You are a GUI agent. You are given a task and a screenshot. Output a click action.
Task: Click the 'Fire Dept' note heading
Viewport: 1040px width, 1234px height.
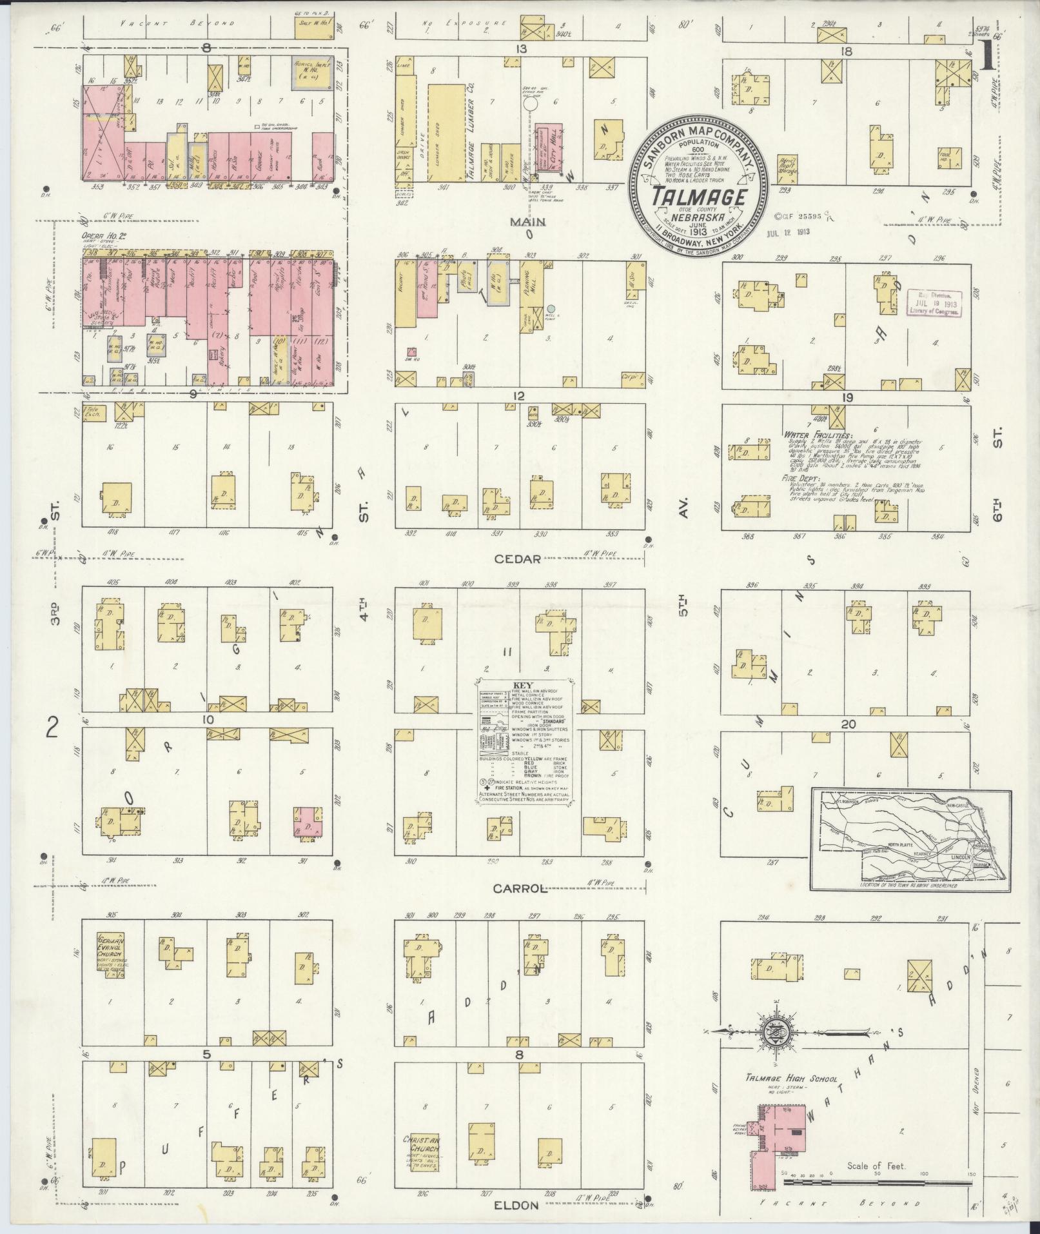(803, 479)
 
